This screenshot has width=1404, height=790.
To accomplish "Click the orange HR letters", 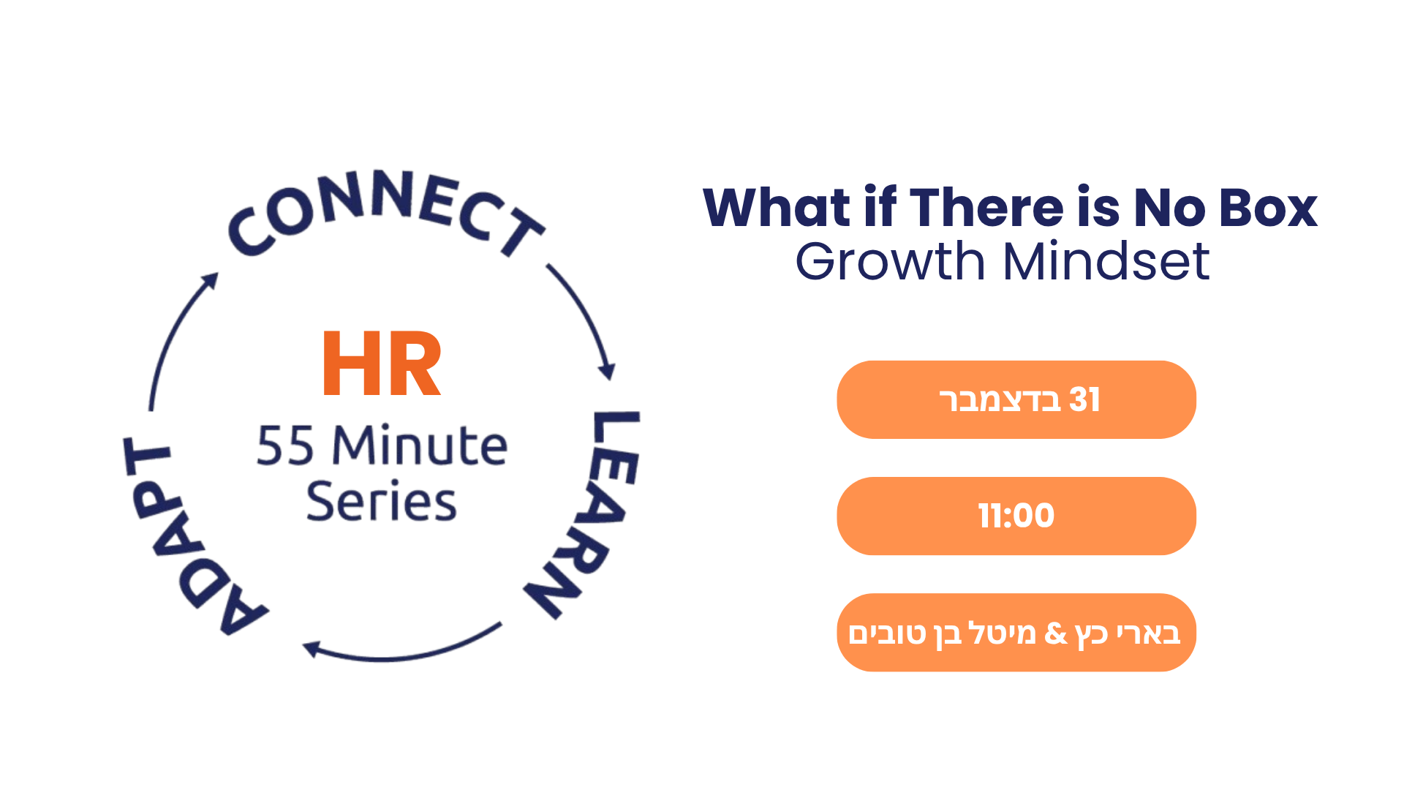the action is [382, 364].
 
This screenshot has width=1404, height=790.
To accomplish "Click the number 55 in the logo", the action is [285, 446].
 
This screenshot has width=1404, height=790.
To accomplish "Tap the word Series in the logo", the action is [381, 502].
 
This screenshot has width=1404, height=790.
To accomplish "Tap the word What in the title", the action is [777, 208].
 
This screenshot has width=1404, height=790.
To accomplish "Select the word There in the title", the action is [988, 208].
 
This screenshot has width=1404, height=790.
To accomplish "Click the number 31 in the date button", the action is [1084, 400].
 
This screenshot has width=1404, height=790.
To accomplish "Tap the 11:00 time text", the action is [1016, 516].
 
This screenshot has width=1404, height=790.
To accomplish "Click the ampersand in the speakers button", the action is [1056, 633].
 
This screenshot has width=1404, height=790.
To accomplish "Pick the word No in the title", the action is [1169, 208].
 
